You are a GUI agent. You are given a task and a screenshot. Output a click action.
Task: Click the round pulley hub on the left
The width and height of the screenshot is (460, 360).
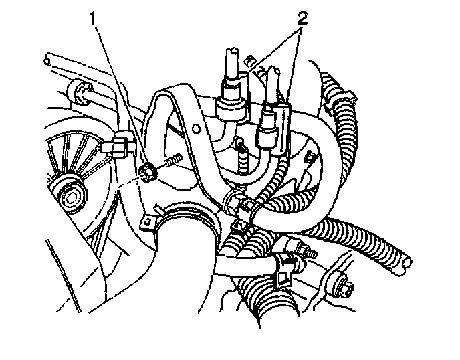pyautogui.click(x=70, y=193)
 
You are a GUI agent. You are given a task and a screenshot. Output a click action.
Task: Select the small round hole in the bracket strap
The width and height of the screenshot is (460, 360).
pyautogui.click(x=195, y=126)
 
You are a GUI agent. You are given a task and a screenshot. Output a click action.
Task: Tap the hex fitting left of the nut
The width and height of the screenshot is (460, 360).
pyautogui.click(x=120, y=145)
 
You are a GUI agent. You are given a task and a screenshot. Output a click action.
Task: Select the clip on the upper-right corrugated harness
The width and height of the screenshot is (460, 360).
pyautogui.click(x=338, y=97)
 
